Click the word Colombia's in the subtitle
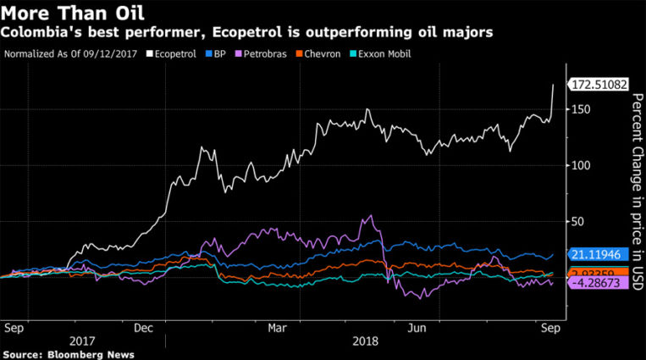point(38,33)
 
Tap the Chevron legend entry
point(326,54)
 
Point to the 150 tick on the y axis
point(577,109)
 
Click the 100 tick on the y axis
point(577,165)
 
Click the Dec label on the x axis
point(143,326)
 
